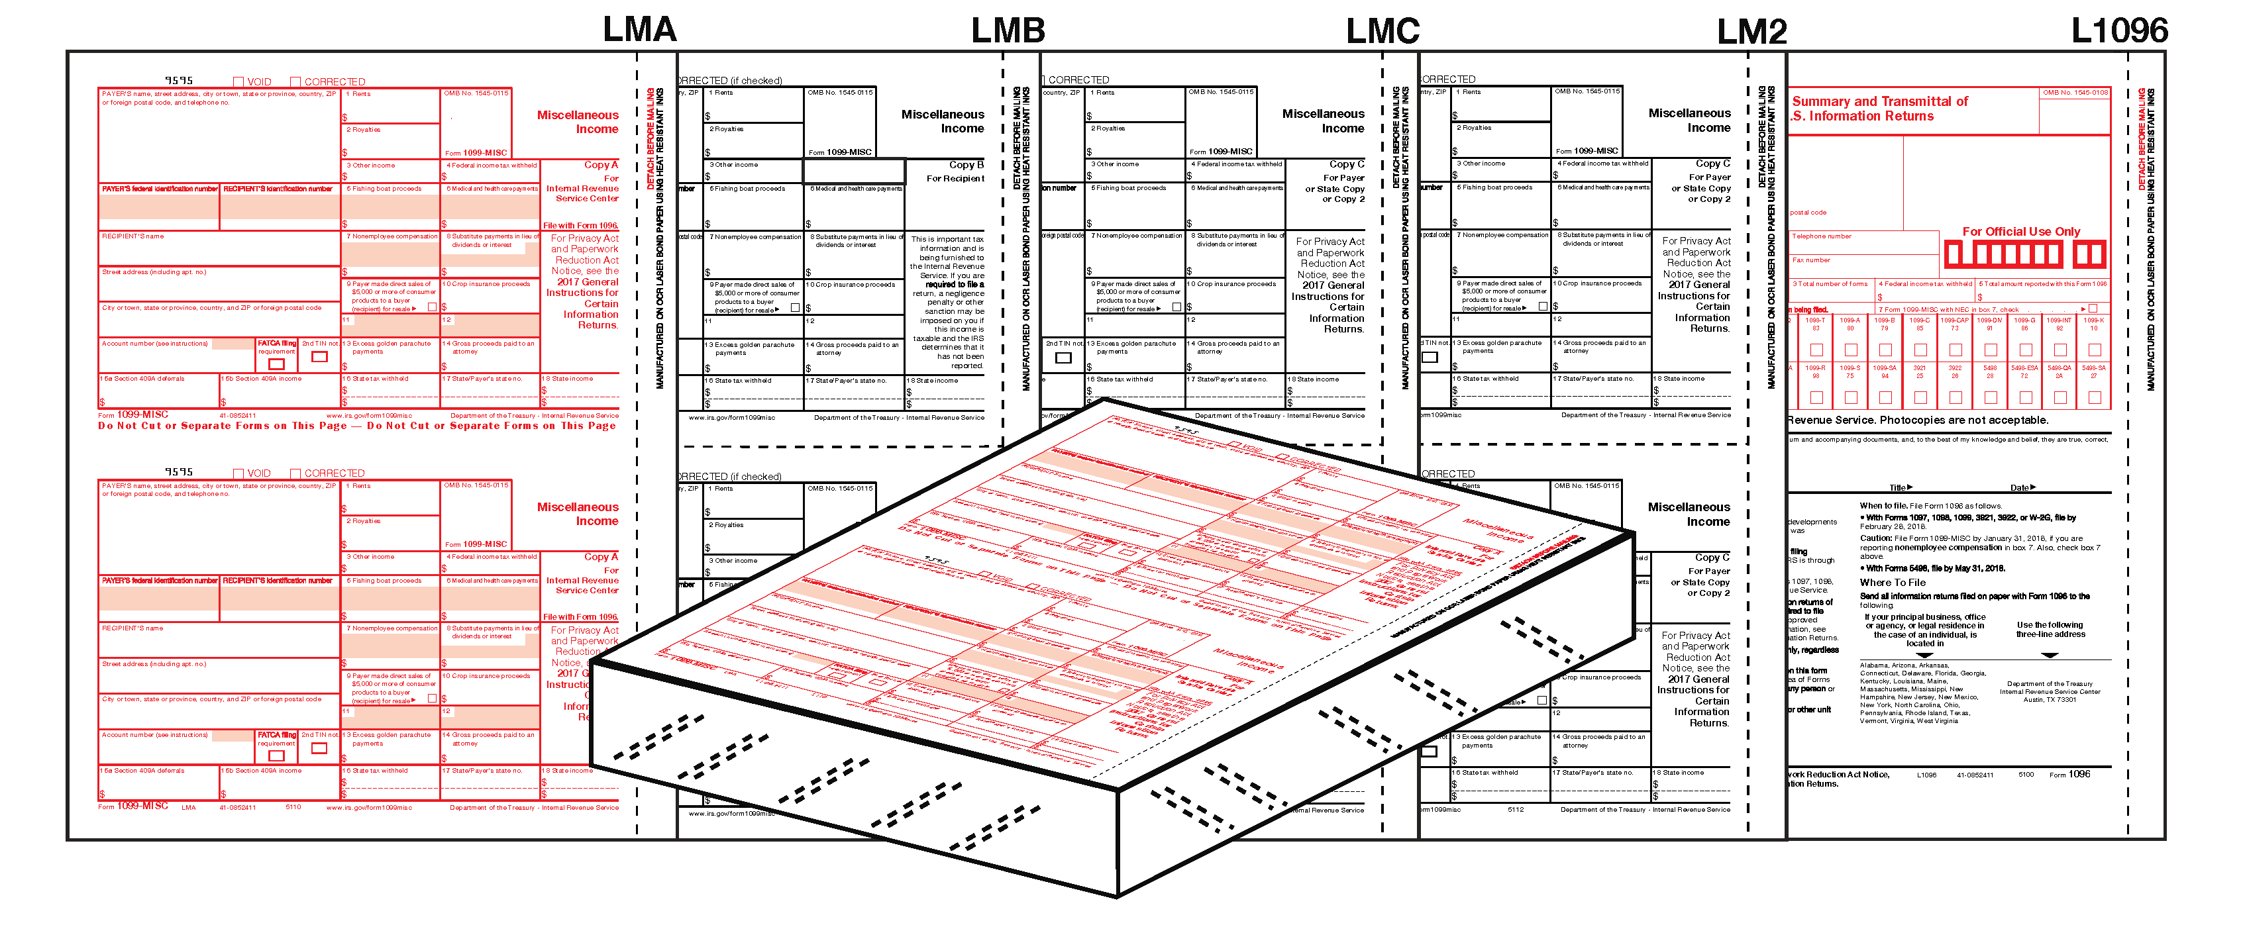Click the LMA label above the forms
click(x=639, y=30)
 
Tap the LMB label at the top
click(x=1008, y=30)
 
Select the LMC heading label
click(x=1382, y=31)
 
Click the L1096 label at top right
click(x=2118, y=30)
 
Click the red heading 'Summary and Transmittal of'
click(x=1879, y=101)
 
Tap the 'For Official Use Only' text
click(x=2020, y=232)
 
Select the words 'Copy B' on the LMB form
click(x=966, y=164)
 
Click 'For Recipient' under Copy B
click(x=955, y=178)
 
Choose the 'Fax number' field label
click(x=1811, y=260)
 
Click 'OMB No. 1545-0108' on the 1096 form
click(x=2075, y=92)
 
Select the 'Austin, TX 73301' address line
click(x=2049, y=700)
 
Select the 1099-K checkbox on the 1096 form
click(x=2093, y=350)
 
